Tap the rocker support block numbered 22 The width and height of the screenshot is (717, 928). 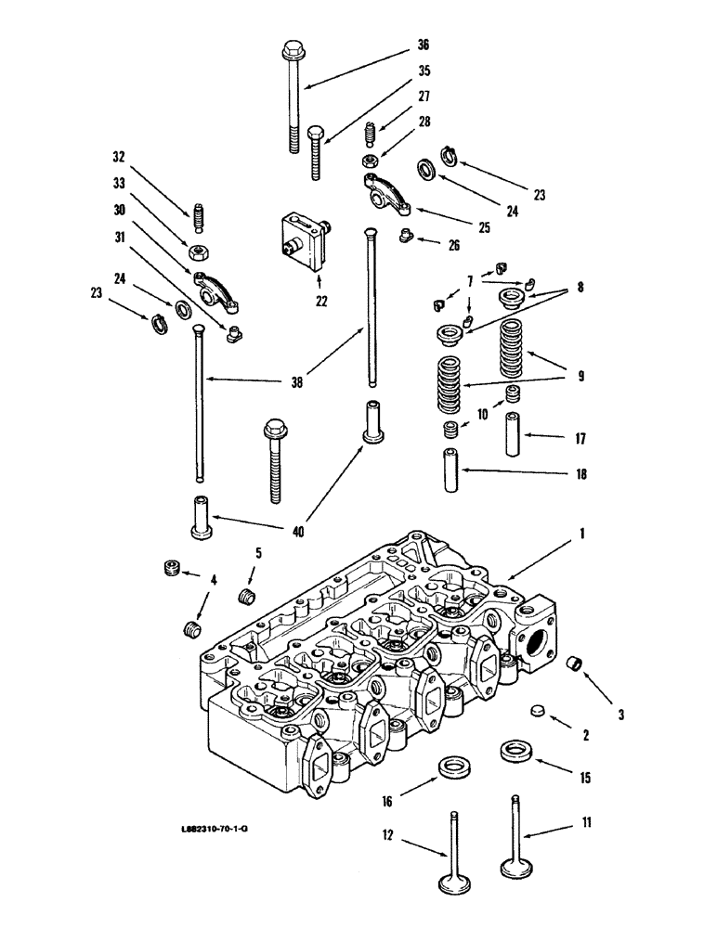tap(303, 239)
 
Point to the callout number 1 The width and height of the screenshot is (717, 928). tap(583, 535)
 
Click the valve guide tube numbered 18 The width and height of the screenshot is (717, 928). tap(451, 471)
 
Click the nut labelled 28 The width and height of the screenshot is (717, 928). tap(370, 161)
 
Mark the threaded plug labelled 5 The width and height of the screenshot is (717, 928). tap(247, 595)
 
